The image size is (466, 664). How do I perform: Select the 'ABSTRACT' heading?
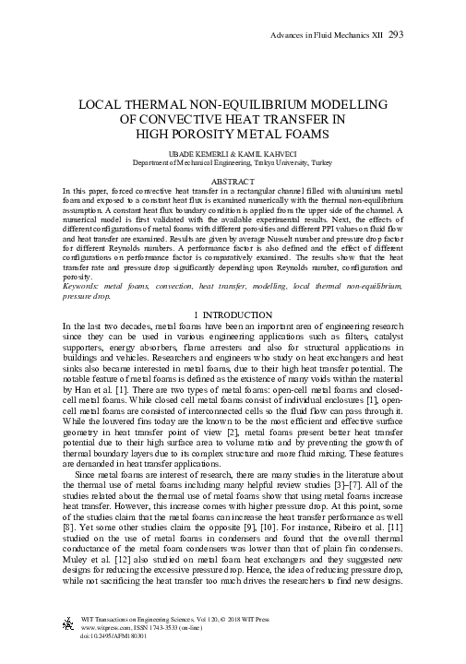[x=233, y=182]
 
